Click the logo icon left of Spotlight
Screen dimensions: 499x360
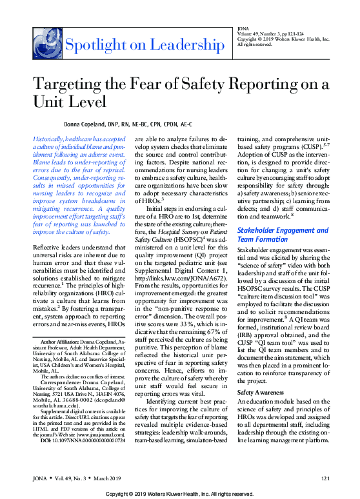pos(47,44)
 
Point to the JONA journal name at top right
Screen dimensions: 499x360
pos(244,28)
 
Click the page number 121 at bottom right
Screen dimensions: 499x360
pos(325,478)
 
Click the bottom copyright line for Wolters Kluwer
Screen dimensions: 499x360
pos(179,493)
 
